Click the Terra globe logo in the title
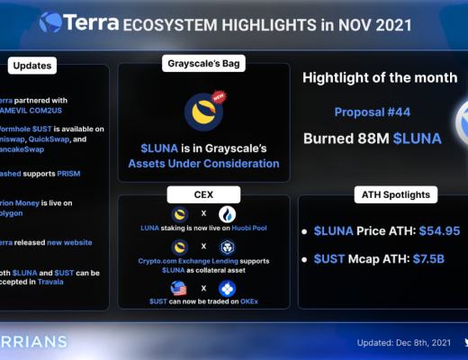click(x=49, y=21)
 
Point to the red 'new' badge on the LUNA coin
click(x=217, y=96)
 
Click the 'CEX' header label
click(x=203, y=194)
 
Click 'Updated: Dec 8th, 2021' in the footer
click(x=402, y=343)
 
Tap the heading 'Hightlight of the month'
click(x=379, y=77)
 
